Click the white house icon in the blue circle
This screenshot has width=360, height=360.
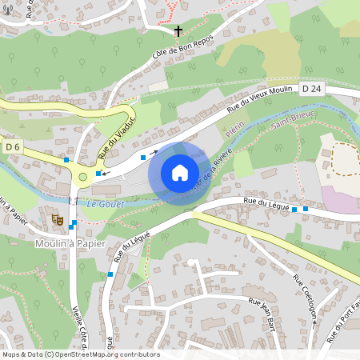click(180, 172)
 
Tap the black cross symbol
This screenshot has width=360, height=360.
click(178, 32)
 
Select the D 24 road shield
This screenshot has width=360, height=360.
click(312, 87)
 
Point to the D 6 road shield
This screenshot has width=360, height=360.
click(12, 146)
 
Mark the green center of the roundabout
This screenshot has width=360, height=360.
click(82, 177)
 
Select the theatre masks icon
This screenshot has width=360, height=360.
click(57, 218)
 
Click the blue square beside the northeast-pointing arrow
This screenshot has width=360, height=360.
click(143, 158)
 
